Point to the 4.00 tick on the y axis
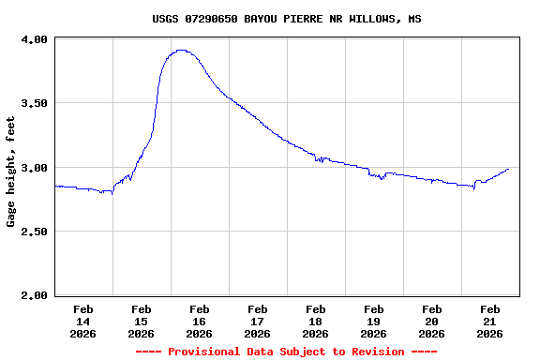point(35,39)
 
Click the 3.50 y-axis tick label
point(35,103)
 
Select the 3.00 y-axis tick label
point(35,168)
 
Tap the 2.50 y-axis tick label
point(35,232)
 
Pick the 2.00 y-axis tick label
point(35,295)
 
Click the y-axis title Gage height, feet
point(11,172)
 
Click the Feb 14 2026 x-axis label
point(82,321)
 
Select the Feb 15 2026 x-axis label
point(141,321)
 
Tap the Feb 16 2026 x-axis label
point(199,321)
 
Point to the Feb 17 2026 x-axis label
point(257,321)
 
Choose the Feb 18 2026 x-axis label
point(315,321)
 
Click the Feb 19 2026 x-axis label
point(373,321)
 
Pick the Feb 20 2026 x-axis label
point(431,321)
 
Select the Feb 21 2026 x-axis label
point(489,321)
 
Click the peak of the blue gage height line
point(181,51)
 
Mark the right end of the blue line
point(508,170)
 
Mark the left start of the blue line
point(55,186)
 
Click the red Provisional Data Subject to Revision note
point(286,352)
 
